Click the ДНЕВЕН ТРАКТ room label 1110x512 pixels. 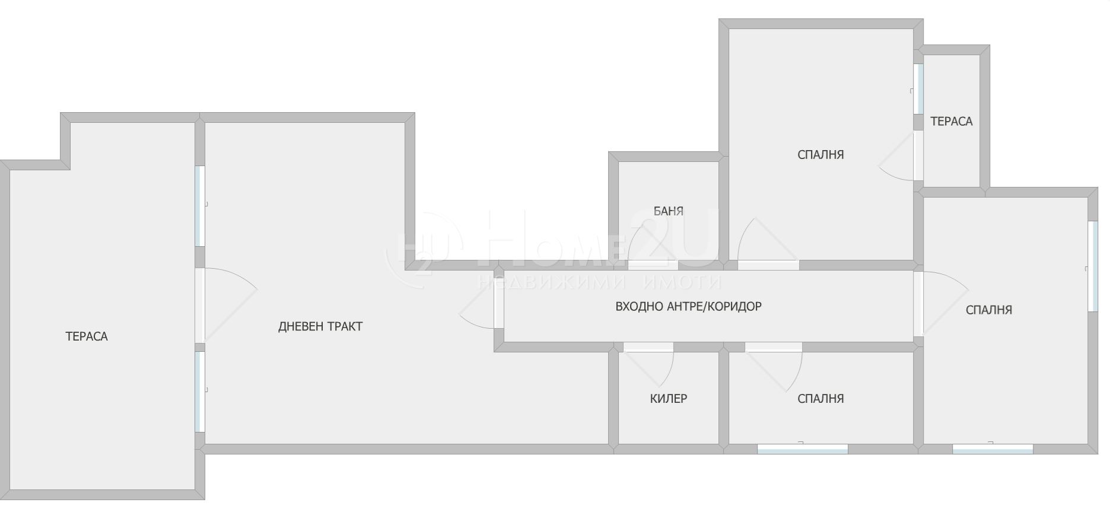click(x=320, y=326)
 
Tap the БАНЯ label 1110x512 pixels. click(x=669, y=211)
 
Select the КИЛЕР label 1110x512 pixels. click(x=669, y=399)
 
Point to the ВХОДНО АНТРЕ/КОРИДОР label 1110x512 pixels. click(x=688, y=307)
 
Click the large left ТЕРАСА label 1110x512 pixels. click(x=87, y=336)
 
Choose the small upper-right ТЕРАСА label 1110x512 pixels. click(x=952, y=121)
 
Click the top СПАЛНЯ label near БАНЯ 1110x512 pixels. click(x=820, y=155)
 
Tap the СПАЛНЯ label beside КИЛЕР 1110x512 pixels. click(x=820, y=399)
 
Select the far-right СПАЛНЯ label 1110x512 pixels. click(x=989, y=310)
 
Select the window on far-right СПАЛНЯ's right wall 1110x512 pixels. click(x=1092, y=266)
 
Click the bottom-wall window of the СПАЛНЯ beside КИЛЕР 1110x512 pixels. click(x=803, y=449)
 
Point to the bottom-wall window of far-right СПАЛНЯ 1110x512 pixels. click(x=993, y=449)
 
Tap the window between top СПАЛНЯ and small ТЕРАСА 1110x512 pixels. click(x=918, y=88)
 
